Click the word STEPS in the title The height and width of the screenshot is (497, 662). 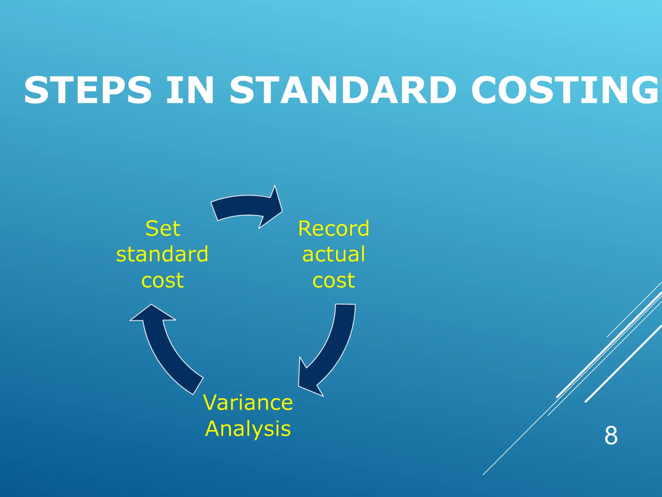[88, 90]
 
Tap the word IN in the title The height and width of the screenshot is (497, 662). [190, 90]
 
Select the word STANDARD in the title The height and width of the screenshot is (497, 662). [343, 90]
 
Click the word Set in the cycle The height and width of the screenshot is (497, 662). [163, 228]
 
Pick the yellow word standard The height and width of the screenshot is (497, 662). [162, 254]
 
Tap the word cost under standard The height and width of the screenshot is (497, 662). [163, 280]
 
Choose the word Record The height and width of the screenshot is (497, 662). [334, 228]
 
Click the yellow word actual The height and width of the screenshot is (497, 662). [334, 254]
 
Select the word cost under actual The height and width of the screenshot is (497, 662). [334, 280]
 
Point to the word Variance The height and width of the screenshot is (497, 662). [248, 403]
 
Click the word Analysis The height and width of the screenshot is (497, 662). [248, 429]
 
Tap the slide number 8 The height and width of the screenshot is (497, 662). [611, 436]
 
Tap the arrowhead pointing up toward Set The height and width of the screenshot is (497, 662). [152, 314]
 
